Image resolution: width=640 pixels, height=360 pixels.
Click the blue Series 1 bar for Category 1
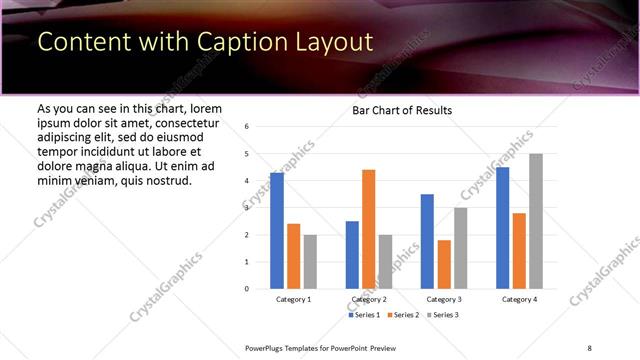277,231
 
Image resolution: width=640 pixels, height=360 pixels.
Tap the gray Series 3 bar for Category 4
536,221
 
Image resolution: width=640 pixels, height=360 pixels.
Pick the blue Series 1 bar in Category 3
427,241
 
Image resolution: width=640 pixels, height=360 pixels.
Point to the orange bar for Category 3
444,264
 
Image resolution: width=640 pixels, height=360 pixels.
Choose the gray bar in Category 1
310,261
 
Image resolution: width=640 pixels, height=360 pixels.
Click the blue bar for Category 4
502,228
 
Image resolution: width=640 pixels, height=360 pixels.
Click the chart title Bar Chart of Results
402,110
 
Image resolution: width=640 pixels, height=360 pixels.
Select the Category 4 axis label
519,300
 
